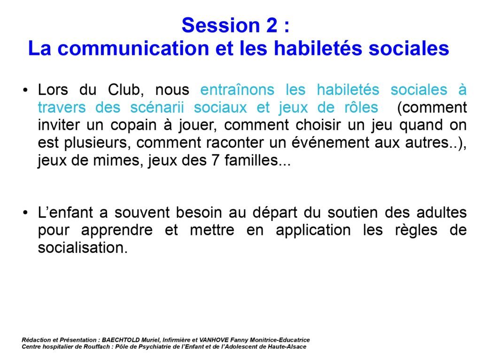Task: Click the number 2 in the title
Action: pos(272,25)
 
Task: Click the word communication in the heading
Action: pos(133,48)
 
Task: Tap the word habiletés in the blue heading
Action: pos(318,48)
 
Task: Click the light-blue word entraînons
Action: pos(237,90)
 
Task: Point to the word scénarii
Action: pos(157,107)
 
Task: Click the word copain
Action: pos(133,125)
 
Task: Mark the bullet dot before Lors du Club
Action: pos(25,90)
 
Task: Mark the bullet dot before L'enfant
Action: pos(25,213)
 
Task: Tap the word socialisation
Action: pos(83,248)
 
